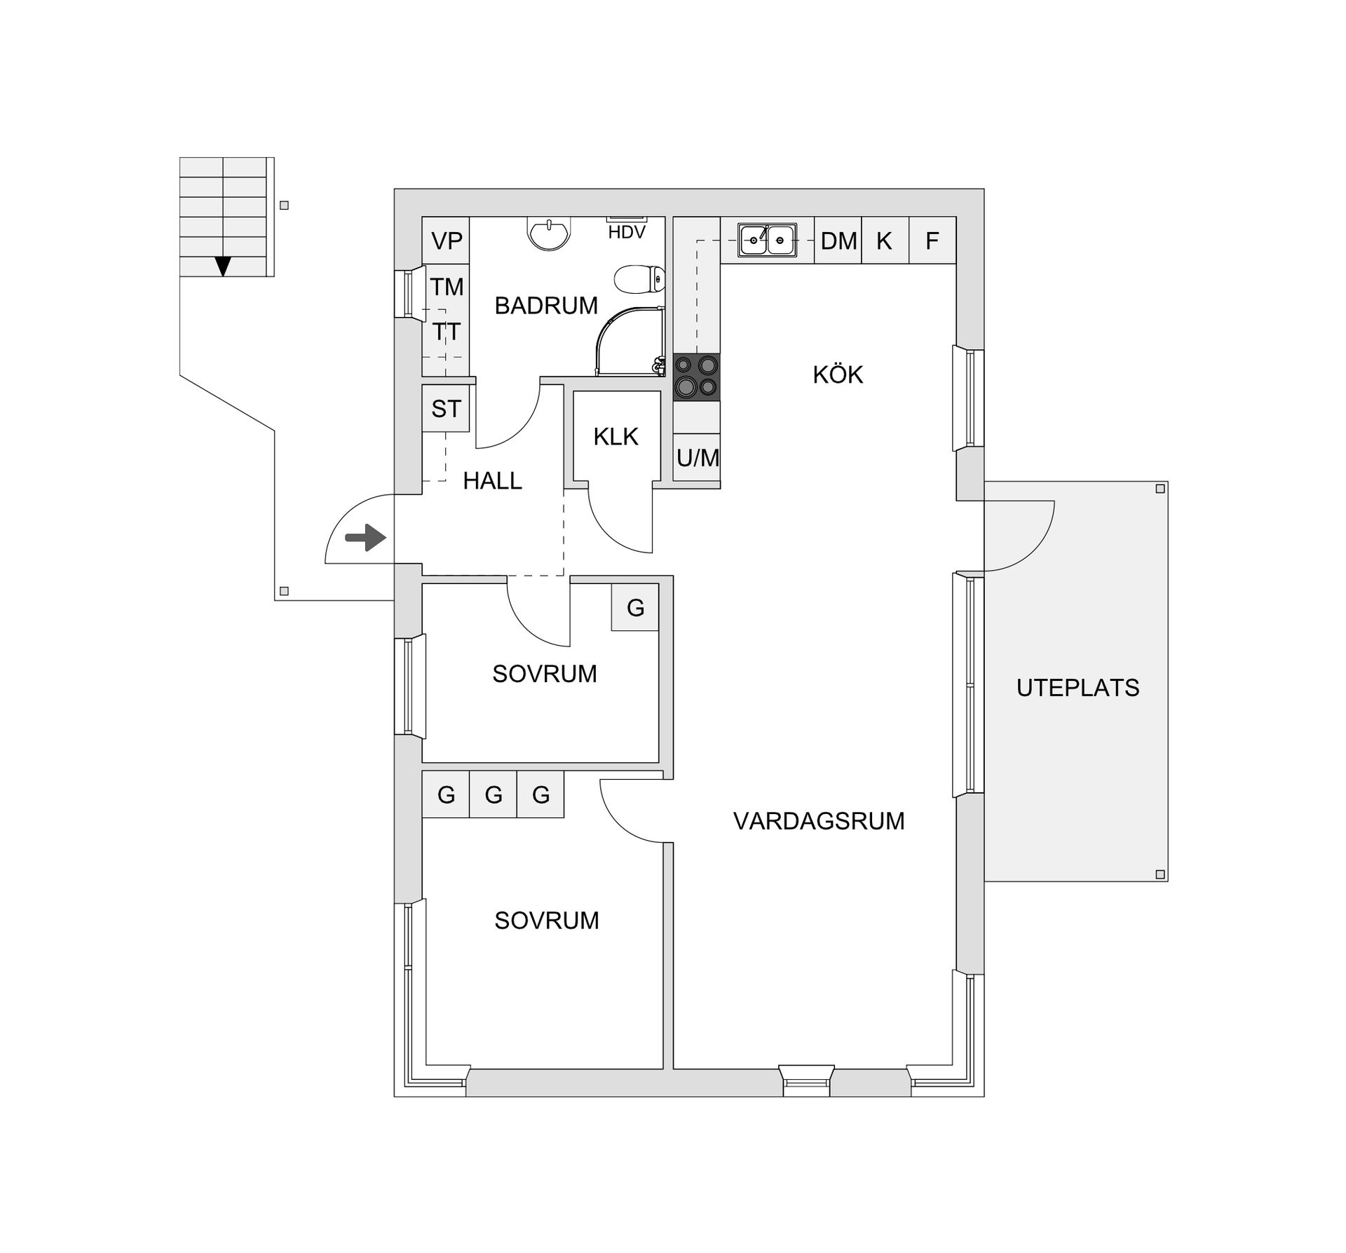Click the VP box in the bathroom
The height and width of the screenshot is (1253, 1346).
point(446,241)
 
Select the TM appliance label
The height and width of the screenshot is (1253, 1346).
point(447,287)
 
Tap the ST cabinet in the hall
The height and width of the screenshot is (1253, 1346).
point(446,409)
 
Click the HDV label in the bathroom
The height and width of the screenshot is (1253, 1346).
point(626,233)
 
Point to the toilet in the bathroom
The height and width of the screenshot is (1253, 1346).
point(639,279)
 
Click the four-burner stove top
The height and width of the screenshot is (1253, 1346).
point(696,377)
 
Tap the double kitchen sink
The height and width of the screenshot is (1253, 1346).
point(767,240)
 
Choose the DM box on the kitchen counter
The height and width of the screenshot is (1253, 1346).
point(838,241)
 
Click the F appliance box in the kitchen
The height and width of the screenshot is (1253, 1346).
point(932,241)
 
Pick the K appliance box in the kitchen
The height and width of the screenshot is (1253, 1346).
point(884,241)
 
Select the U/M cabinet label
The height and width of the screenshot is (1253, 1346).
point(697,458)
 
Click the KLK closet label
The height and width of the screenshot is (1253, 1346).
point(616,437)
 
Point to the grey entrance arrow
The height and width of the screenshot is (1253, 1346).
point(365,539)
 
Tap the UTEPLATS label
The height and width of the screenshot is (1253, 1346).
point(1078,688)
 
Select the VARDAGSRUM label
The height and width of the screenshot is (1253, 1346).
point(819,820)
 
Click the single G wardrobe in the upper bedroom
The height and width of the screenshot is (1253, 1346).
point(635,607)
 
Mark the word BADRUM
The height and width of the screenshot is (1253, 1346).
point(546,306)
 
